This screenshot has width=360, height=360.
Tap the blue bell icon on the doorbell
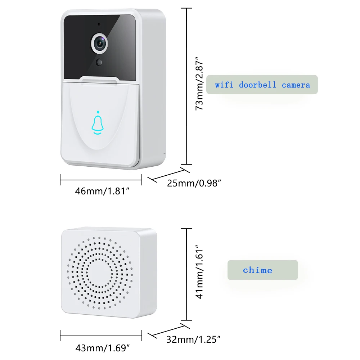click(97, 124)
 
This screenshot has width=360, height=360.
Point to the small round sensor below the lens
click(99, 62)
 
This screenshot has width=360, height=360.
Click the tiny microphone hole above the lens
click(99, 24)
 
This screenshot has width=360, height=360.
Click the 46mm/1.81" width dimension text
click(102, 191)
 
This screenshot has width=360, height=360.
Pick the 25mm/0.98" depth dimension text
click(194, 183)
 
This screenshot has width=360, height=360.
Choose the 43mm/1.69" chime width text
click(102, 348)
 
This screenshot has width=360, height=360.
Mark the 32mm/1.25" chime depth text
click(193, 339)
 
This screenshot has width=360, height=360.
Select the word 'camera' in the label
click(296, 85)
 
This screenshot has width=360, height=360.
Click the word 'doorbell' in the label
click(258, 85)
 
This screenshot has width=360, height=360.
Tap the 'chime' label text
click(257, 270)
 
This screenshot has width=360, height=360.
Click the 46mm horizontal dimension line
click(101, 180)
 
